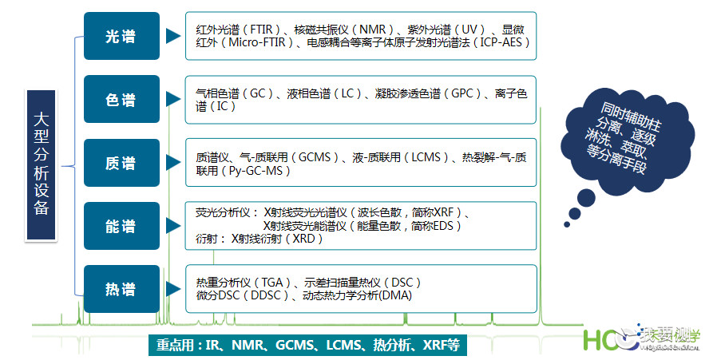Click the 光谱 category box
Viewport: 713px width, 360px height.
coord(121,36)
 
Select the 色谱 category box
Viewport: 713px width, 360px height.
coord(121,99)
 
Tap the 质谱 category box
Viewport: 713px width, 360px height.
coord(121,163)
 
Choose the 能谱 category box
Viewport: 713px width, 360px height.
coord(121,226)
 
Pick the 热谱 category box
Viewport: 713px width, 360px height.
coord(121,289)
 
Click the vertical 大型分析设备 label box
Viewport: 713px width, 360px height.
coord(41,165)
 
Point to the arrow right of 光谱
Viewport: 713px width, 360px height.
coord(173,36)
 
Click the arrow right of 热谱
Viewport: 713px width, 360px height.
coord(173,289)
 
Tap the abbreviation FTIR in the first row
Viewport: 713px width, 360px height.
coord(261,30)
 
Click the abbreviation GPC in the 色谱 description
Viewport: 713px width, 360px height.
coord(462,93)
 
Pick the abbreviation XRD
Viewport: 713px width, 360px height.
coord(303,239)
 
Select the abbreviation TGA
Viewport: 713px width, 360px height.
coord(272,283)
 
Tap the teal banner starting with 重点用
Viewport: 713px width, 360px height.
coord(308,345)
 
